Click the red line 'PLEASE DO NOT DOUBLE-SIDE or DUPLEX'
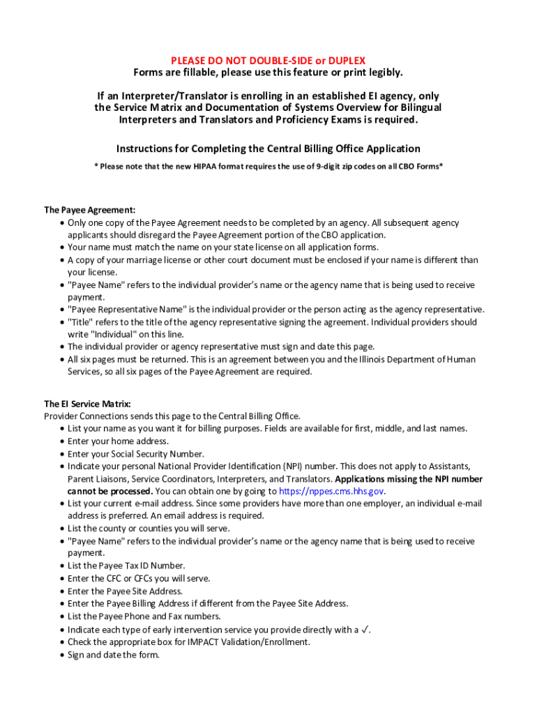pyautogui.click(x=268, y=61)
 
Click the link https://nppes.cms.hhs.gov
pyautogui.click(x=331, y=491)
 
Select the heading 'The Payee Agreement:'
pyautogui.click(x=90, y=210)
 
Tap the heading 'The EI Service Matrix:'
pyautogui.click(x=88, y=404)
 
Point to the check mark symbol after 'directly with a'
pyautogui.click(x=365, y=630)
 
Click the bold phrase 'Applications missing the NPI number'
pyautogui.click(x=409, y=479)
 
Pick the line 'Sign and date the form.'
pyautogui.click(x=114, y=655)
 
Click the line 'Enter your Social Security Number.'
pyautogui.click(x=136, y=453)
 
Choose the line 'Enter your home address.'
pyautogui.click(x=118, y=441)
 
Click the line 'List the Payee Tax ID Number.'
pyautogui.click(x=126, y=565)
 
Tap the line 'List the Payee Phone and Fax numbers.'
pyautogui.click(x=144, y=616)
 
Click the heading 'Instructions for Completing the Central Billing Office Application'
pyautogui.click(x=268, y=149)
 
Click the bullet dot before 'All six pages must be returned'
pyautogui.click(x=62, y=360)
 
